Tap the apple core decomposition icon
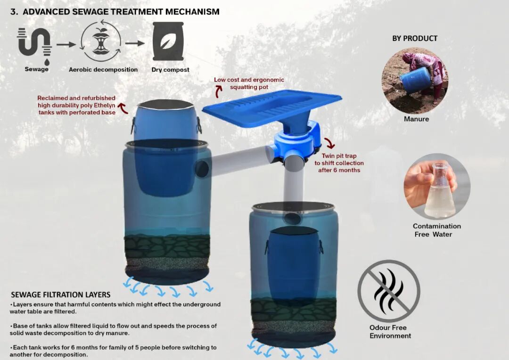[x=101, y=41]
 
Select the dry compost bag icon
[x=168, y=41]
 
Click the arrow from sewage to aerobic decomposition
[x=66, y=44]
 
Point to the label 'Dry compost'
[x=171, y=70]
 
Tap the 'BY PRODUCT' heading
[x=415, y=38]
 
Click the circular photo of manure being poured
[x=415, y=81]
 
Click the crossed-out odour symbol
[x=389, y=291]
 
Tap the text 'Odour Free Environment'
[x=390, y=332]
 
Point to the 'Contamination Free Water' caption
[x=436, y=230]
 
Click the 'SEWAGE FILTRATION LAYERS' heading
[x=61, y=295]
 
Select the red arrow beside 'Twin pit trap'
[x=330, y=143]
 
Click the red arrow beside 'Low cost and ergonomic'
[x=219, y=91]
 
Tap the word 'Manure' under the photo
[x=417, y=119]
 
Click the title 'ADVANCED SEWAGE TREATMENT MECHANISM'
[x=121, y=12]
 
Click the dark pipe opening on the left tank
[x=202, y=169]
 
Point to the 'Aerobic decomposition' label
[x=103, y=70]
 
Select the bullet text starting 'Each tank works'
[x=113, y=351]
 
